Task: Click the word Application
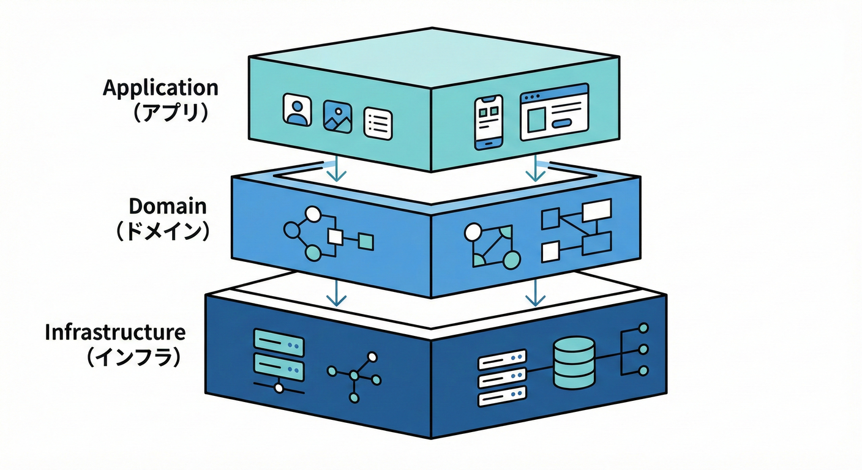click(x=160, y=88)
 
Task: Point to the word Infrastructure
click(x=115, y=332)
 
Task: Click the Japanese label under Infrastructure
click(x=134, y=357)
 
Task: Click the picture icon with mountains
click(x=337, y=116)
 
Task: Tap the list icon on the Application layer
click(x=378, y=124)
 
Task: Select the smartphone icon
click(x=489, y=122)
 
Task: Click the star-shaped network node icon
click(x=354, y=376)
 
